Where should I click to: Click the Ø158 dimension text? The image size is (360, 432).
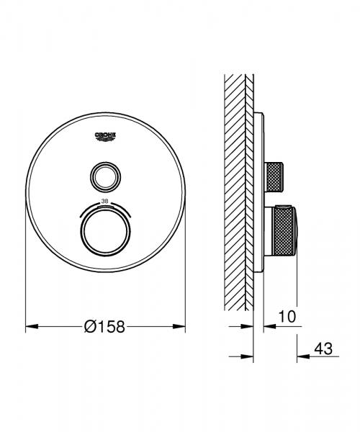tap(105, 326)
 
